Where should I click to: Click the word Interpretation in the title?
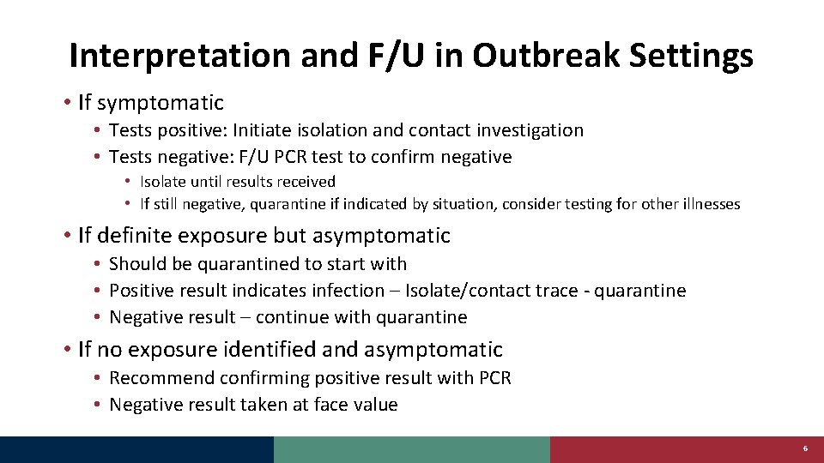[181, 56]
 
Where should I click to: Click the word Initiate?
[289, 130]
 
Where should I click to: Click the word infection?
[348, 291]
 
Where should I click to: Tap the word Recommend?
[161, 378]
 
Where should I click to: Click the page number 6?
[805, 449]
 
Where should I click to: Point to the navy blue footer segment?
[136, 449]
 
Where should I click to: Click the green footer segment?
[411, 449]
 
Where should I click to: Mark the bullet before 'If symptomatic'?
[66, 104]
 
